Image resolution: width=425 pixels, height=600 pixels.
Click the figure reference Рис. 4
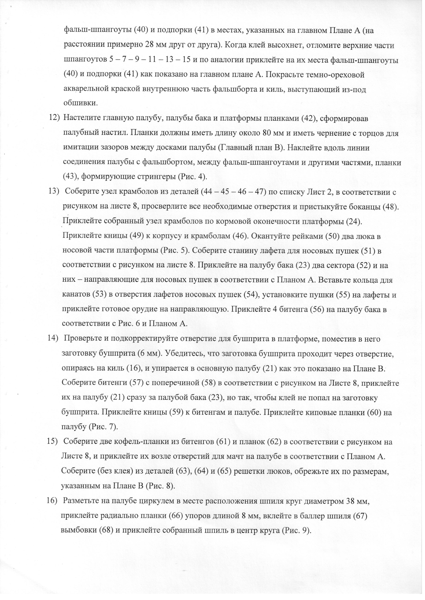pos(192,177)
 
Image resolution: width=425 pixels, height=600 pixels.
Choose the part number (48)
pos(390,207)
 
